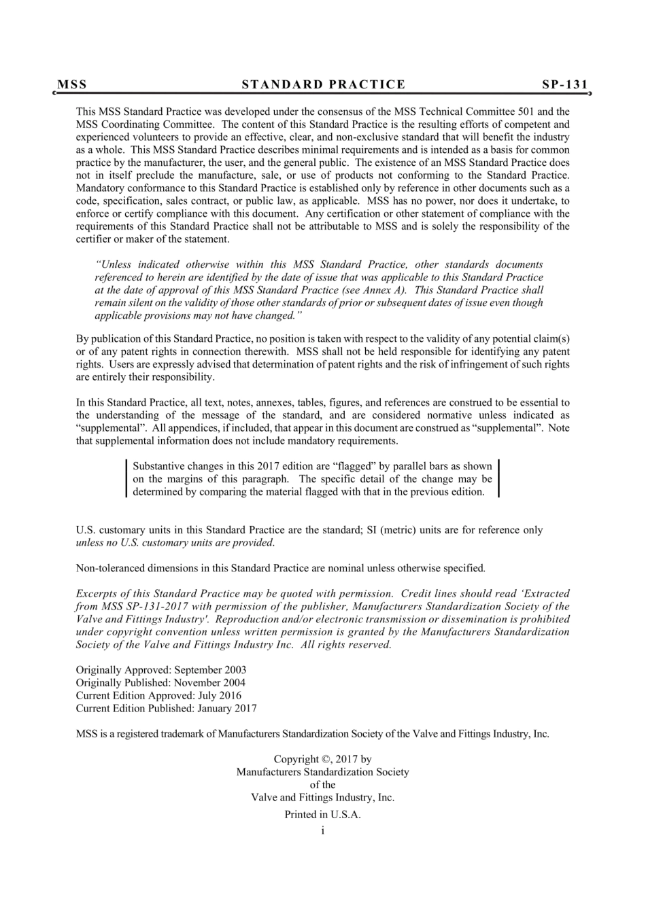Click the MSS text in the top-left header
pyautogui.click(x=72, y=85)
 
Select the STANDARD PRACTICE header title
pyautogui.click(x=323, y=85)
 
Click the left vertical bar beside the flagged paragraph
pyautogui.click(x=127, y=479)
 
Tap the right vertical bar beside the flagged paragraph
pyautogui.click(x=498, y=479)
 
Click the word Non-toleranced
pyautogui.click(x=109, y=568)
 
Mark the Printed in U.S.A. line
pyautogui.click(x=322, y=815)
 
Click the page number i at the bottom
pyautogui.click(x=322, y=830)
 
